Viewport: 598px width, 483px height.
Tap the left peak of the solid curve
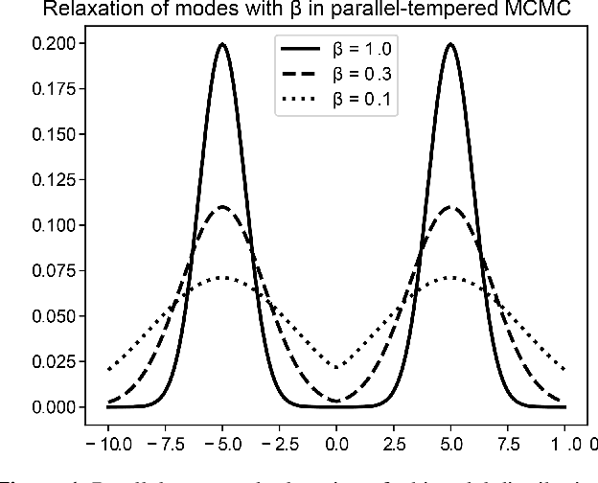pos(222,44)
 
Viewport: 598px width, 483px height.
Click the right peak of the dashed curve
pos(449,207)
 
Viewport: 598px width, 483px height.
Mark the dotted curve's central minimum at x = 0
pos(336,366)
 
